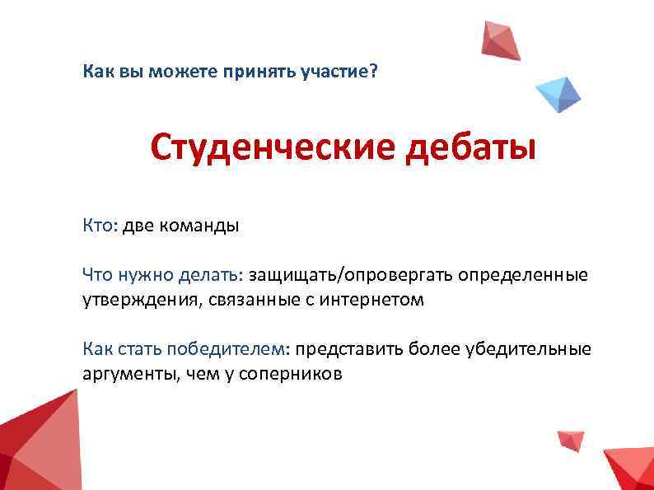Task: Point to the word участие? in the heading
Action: [x=343, y=72]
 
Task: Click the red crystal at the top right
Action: [x=501, y=41]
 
